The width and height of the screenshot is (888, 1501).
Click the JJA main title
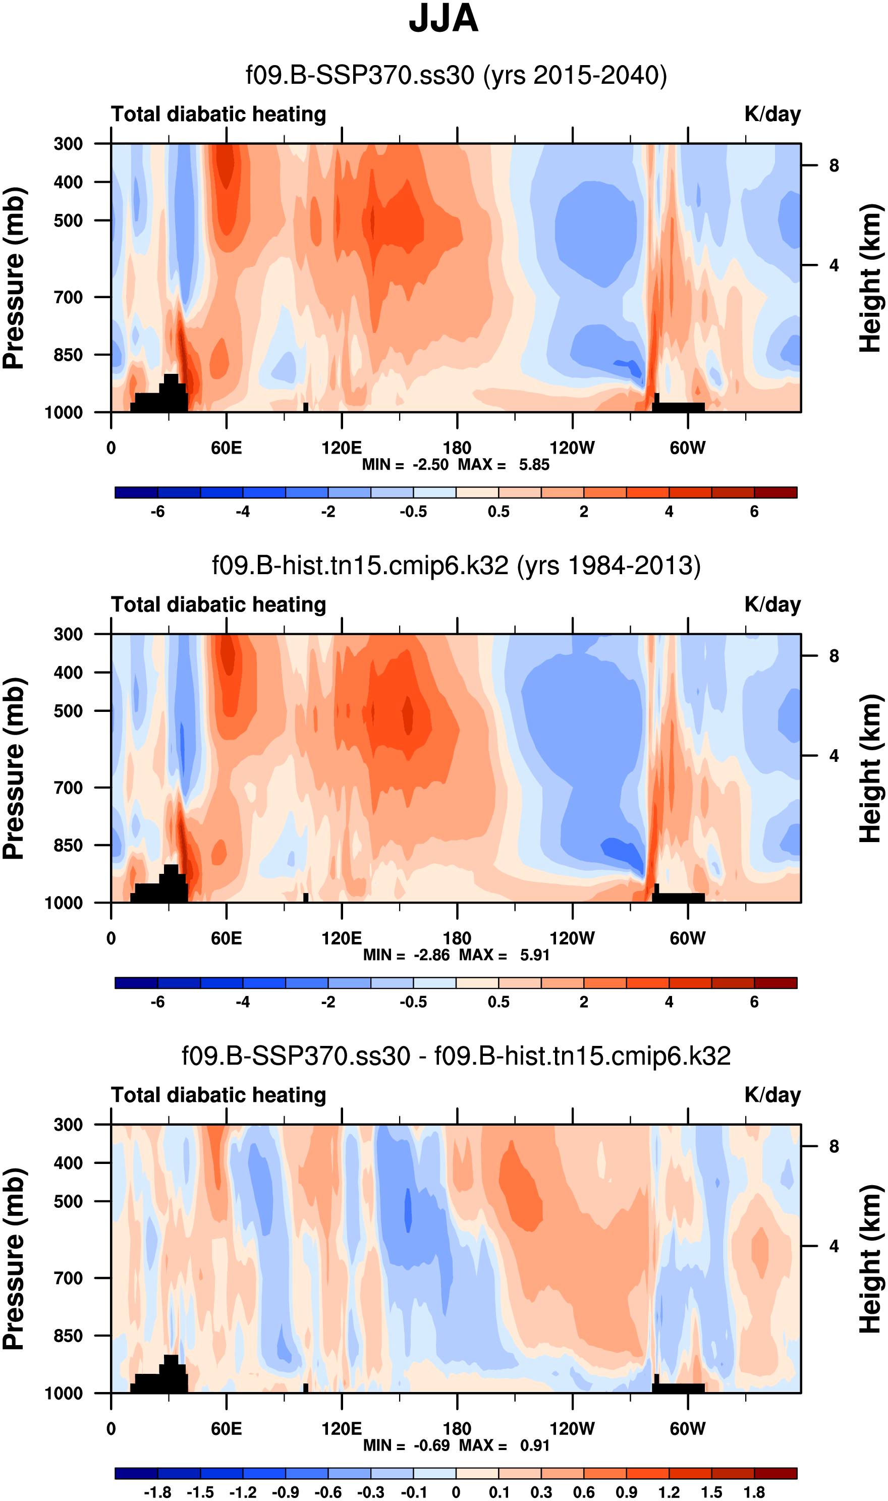pyautogui.click(x=443, y=19)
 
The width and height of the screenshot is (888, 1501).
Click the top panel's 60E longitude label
pyautogui.click(x=226, y=448)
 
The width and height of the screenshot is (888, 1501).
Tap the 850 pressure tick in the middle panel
pyautogui.click(x=68, y=845)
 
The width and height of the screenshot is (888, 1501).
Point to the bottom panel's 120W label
pyautogui.click(x=572, y=1429)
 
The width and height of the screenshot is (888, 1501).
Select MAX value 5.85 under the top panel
pyautogui.click(x=534, y=465)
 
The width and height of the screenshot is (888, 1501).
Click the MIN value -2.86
pyautogui.click(x=431, y=955)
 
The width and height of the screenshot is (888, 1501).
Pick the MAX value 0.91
pyautogui.click(x=534, y=1446)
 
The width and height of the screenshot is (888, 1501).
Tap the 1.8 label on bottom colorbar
pyautogui.click(x=754, y=1492)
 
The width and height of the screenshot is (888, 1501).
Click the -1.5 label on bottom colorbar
pyautogui.click(x=200, y=1492)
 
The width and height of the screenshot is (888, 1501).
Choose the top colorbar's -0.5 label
pyautogui.click(x=413, y=512)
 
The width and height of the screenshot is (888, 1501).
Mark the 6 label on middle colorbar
pyautogui.click(x=754, y=1002)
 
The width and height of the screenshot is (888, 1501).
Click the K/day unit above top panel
pyautogui.click(x=772, y=114)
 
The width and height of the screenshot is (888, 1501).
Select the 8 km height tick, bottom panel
pyautogui.click(x=834, y=1147)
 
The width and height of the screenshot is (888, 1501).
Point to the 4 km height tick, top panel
pyautogui.click(x=834, y=265)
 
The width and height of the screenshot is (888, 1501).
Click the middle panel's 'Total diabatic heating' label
pyautogui.click(x=218, y=605)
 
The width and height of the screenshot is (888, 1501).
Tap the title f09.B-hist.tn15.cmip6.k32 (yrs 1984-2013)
pyautogui.click(x=456, y=566)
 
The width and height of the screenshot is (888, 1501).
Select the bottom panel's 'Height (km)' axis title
pyautogui.click(x=871, y=1259)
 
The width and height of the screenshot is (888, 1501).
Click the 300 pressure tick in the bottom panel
pyautogui.click(x=68, y=1125)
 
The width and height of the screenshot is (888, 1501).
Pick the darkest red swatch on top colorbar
pyautogui.click(x=775, y=492)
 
